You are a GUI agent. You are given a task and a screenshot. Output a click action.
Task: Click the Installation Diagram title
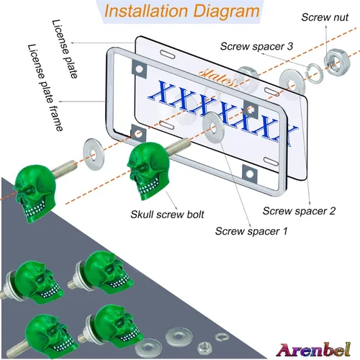pos(182,11)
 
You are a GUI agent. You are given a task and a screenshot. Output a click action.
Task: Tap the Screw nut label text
pos(325,17)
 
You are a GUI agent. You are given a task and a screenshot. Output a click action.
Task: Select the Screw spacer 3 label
pos(256,46)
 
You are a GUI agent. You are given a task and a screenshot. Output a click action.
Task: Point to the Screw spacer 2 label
pos(299,211)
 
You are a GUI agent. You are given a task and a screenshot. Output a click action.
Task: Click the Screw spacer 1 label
pos(251,231)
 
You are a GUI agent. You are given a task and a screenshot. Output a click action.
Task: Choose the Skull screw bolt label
pos(167,215)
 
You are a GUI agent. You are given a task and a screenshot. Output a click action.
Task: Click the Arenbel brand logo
pos(313,350)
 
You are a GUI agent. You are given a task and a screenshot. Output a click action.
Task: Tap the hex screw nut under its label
pos(337,61)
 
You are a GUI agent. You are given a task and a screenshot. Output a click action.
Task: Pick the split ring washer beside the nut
pos(315,73)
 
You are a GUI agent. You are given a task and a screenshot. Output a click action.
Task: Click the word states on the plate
pos(217,76)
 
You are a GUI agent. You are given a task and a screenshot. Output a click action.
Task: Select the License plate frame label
pos(45,87)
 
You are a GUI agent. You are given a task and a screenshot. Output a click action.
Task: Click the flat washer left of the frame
pos(94,154)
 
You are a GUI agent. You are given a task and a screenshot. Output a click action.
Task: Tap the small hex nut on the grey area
pos(204,348)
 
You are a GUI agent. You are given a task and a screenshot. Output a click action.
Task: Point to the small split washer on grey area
pos(222,337)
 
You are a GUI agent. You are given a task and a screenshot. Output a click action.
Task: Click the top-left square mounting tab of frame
pos(139,68)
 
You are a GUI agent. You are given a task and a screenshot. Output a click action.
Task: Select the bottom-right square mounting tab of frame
pos(250,174)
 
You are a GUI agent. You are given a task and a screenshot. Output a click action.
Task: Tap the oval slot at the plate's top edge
pos(168,54)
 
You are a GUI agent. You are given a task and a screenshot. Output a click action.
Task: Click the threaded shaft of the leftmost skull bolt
pos(64,168)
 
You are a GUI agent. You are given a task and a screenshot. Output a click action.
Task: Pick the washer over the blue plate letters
pos(213,127)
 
